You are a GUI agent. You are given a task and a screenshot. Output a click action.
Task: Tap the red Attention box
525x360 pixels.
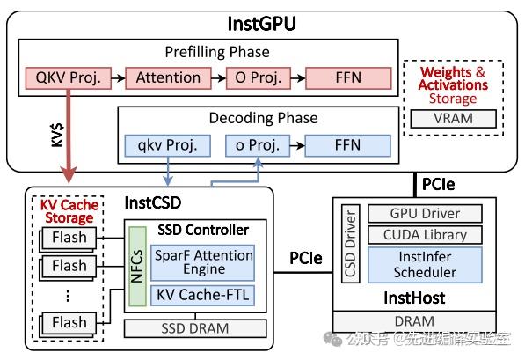tap(167, 79)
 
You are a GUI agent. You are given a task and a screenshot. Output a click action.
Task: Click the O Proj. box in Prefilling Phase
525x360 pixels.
tap(257, 79)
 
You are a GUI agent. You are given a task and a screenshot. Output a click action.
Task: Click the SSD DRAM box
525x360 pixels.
tap(195, 328)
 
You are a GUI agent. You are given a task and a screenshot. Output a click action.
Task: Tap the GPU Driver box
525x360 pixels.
tap(424, 213)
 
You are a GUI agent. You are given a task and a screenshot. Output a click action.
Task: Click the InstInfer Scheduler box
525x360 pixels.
tap(424, 264)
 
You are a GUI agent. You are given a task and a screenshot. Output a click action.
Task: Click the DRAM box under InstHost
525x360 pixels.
tap(413, 322)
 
